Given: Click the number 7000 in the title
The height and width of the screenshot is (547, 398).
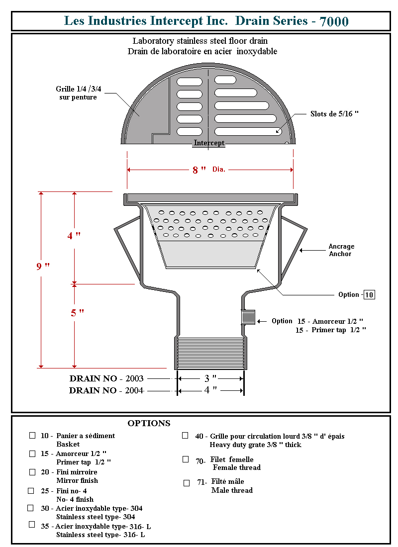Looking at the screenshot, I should (x=334, y=21).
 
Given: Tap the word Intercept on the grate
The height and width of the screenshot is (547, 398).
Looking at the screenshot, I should (x=209, y=143).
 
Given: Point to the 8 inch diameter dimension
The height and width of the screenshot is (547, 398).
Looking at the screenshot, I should (x=199, y=170).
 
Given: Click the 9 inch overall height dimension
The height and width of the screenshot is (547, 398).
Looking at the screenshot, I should (x=43, y=266).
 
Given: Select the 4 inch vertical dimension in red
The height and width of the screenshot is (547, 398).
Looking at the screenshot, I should (x=74, y=236).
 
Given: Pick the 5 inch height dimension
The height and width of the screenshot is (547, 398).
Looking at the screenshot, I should (x=77, y=313).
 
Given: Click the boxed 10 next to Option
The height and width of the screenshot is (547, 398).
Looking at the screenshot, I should (x=369, y=295).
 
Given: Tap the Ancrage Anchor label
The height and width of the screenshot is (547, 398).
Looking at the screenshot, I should (x=341, y=250).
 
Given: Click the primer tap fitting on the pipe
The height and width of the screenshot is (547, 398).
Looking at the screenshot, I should (x=248, y=317).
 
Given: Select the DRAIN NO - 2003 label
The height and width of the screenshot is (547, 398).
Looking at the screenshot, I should (x=106, y=379).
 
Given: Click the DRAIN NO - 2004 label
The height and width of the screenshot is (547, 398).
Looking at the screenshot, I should (x=106, y=391).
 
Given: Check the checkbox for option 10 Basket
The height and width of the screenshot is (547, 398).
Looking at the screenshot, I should (x=32, y=435).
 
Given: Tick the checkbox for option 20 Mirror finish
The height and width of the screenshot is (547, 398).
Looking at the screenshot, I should (x=32, y=472).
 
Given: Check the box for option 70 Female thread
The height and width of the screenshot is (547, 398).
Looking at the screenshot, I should (x=186, y=459).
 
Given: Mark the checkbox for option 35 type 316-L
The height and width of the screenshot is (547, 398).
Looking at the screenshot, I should (x=32, y=524).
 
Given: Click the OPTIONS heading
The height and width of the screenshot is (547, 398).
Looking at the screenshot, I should (x=149, y=424).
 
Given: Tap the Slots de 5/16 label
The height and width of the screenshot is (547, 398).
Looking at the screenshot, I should (x=334, y=114).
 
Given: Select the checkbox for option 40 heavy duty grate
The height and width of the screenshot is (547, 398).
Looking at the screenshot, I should (x=185, y=435).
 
